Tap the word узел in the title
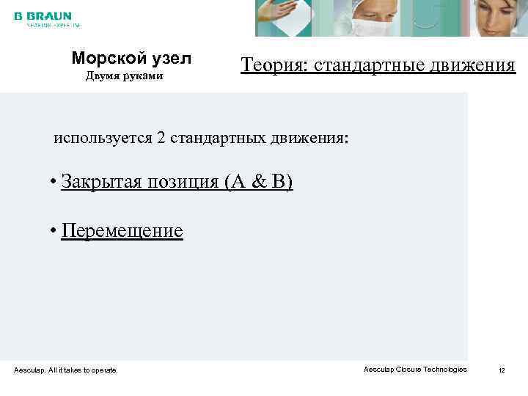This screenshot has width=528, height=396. [x=169, y=58]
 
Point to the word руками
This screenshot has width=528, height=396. [x=143, y=76]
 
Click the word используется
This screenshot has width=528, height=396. [x=102, y=138]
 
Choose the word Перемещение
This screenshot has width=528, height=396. [x=122, y=231]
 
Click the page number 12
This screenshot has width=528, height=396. [x=502, y=370]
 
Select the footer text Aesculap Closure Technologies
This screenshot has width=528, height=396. [x=415, y=370]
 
